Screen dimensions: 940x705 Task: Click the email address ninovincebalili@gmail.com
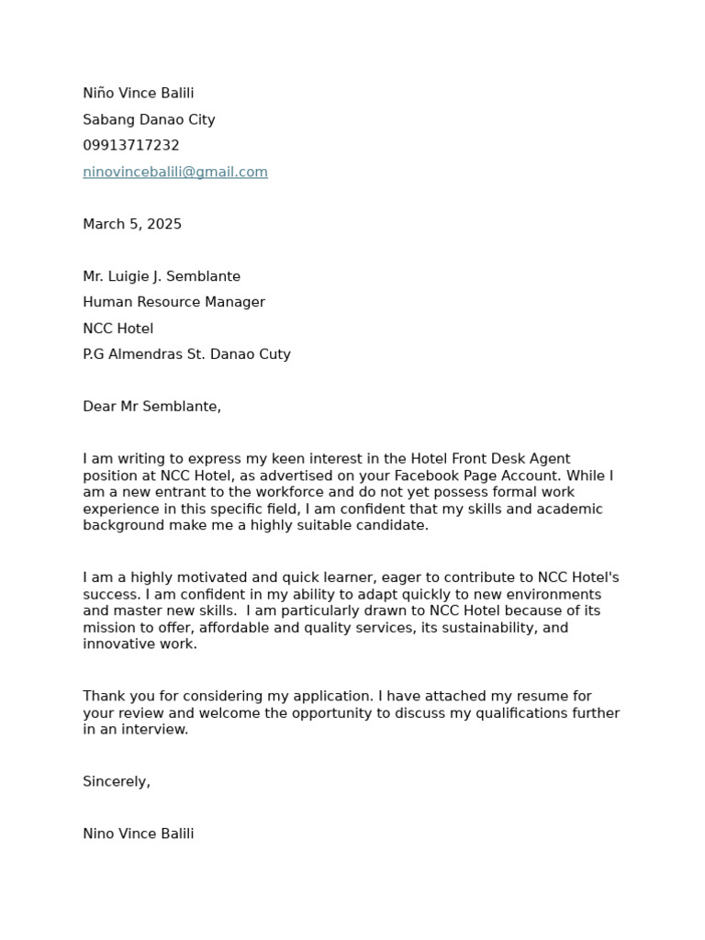175,172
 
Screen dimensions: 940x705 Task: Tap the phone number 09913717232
131,145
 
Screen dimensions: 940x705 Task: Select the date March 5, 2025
132,224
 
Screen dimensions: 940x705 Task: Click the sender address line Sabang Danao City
149,119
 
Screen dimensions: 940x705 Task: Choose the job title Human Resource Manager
173,302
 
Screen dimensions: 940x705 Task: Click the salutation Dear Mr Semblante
151,407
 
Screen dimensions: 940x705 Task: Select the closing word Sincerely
116,781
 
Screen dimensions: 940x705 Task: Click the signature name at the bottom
138,834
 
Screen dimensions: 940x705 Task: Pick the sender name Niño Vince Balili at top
138,93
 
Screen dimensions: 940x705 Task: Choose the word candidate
392,525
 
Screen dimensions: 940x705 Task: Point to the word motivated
208,577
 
